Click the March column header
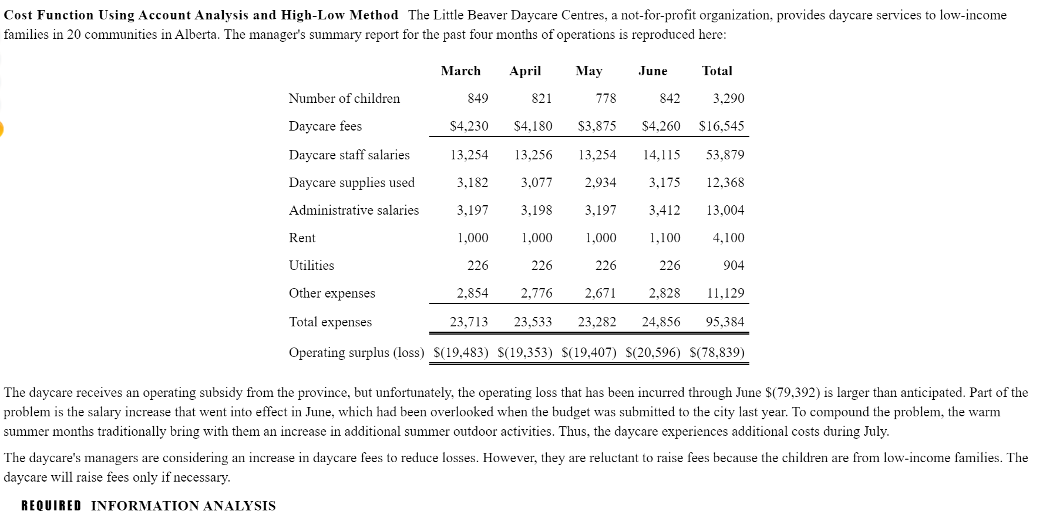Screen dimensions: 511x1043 click(x=460, y=71)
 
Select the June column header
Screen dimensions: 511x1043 click(x=652, y=71)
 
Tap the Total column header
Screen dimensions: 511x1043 click(x=716, y=71)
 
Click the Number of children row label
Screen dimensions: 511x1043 click(x=344, y=98)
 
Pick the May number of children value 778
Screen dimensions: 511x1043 click(x=605, y=98)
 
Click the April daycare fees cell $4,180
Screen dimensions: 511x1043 click(x=533, y=126)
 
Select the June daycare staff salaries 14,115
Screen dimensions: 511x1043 click(x=661, y=155)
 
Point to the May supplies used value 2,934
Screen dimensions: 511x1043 click(x=600, y=182)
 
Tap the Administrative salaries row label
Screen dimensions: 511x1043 click(x=354, y=210)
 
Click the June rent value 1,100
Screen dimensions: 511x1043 click(x=664, y=238)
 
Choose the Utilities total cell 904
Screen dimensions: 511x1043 click(x=734, y=265)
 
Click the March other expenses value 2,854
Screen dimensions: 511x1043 click(x=472, y=293)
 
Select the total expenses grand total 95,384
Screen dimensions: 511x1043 click(x=725, y=322)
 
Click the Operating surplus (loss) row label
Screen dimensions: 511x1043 click(x=356, y=352)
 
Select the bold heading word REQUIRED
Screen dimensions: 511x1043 click(x=51, y=506)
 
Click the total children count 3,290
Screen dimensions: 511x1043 click(x=728, y=98)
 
